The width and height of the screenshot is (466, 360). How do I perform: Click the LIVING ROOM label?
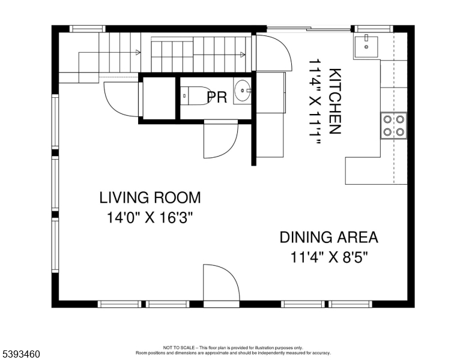tap(150, 198)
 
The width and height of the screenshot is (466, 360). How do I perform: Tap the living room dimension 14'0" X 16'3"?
tap(150, 218)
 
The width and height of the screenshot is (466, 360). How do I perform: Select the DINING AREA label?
tap(329, 238)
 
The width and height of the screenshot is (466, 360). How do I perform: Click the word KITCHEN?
tap(335, 101)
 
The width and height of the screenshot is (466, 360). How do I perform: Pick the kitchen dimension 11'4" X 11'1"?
tap(315, 102)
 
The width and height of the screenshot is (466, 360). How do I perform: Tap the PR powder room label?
tap(217, 97)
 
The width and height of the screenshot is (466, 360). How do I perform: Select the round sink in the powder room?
tap(243, 90)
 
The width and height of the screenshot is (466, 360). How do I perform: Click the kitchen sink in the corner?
tap(366, 47)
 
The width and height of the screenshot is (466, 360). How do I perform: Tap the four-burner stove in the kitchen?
tap(394, 125)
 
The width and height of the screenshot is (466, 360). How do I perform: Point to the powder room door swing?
tap(221, 139)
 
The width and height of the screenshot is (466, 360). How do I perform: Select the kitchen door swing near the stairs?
tap(271, 53)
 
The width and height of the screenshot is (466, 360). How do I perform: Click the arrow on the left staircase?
tap(138, 53)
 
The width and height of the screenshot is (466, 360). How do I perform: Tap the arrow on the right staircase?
tap(243, 55)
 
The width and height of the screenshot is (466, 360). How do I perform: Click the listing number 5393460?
tap(21, 354)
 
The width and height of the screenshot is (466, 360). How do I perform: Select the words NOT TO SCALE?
tap(179, 347)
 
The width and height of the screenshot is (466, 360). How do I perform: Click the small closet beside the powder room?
tap(159, 98)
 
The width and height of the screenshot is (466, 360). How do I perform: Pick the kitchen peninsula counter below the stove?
tap(376, 171)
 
